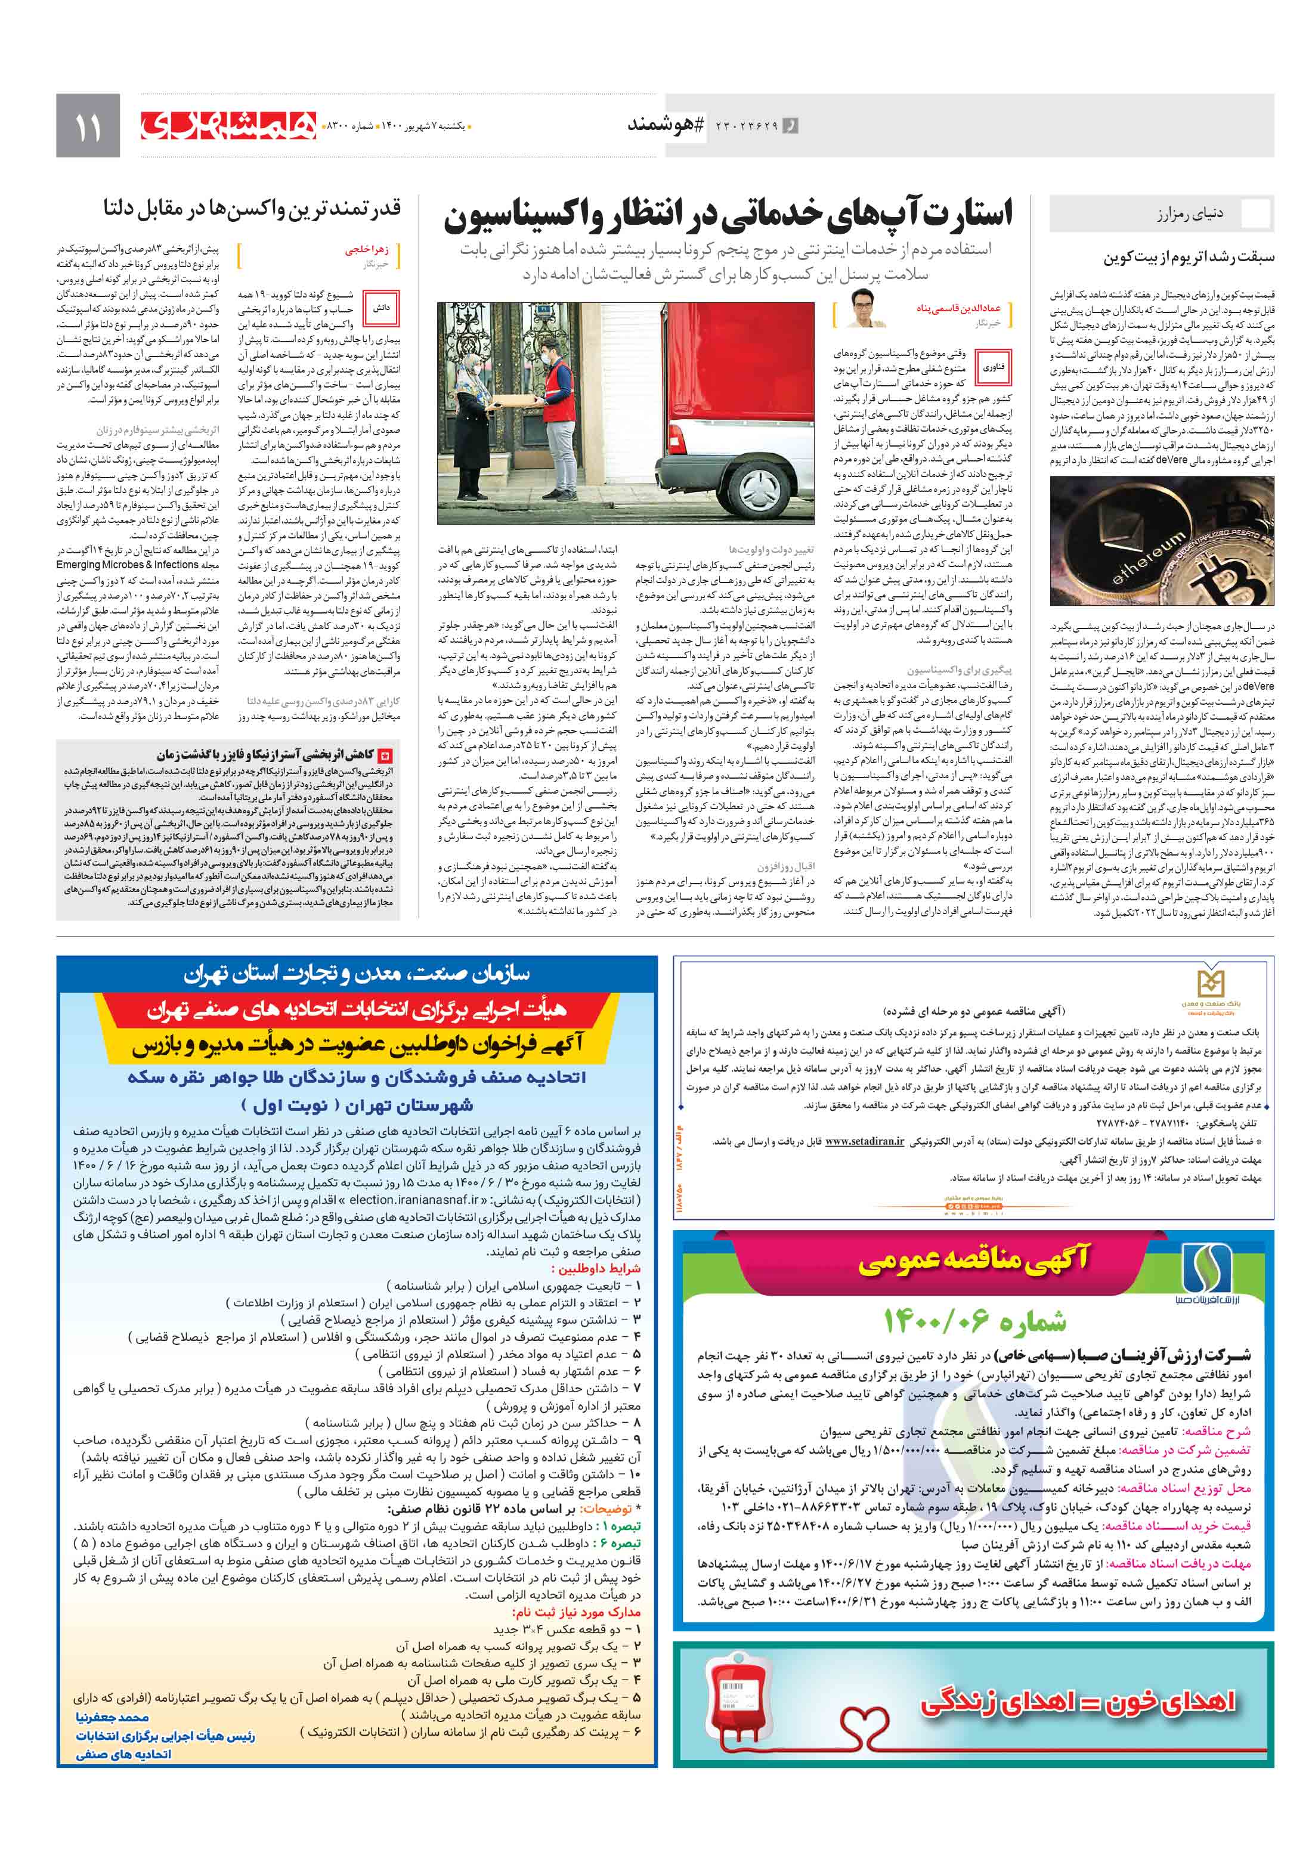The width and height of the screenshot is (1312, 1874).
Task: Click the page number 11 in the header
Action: click(x=87, y=126)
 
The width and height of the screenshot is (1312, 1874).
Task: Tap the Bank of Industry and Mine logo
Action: click(x=1210, y=987)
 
